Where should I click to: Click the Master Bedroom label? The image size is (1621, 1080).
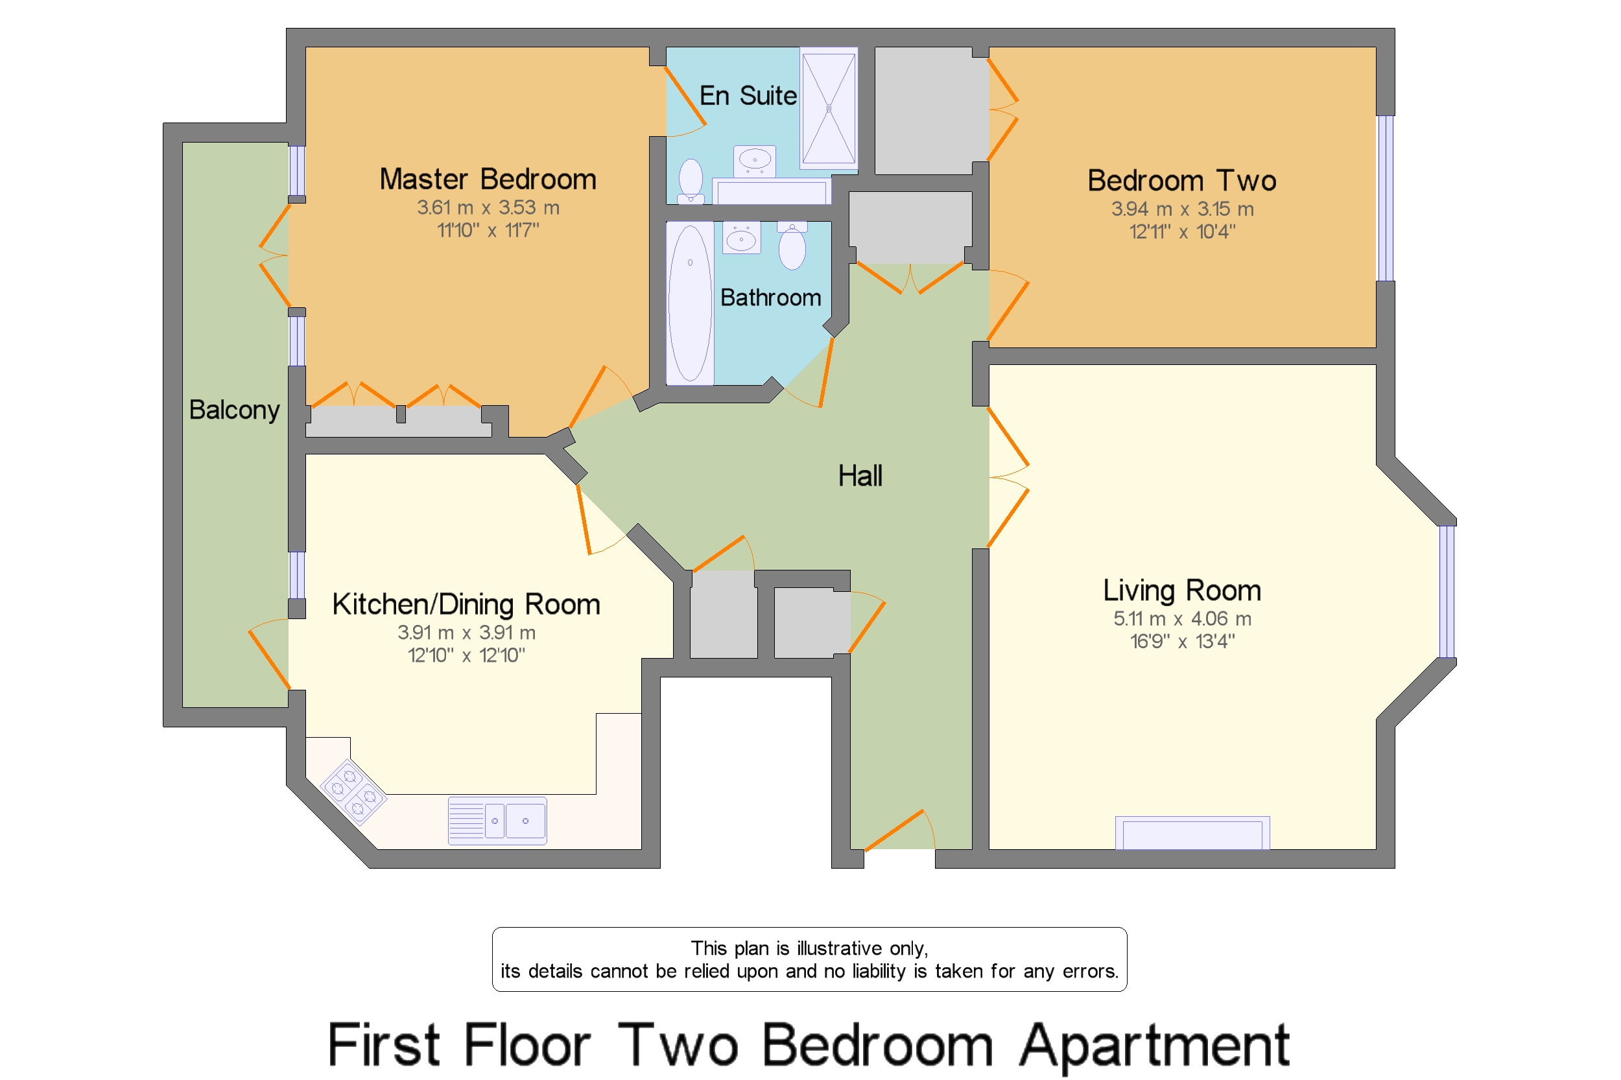pyautogui.click(x=488, y=179)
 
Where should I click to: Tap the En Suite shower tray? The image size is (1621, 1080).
pyautogui.click(x=828, y=108)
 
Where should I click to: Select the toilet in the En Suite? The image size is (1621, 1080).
pyautogui.click(x=691, y=181)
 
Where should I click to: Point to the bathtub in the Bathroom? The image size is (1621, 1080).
pyautogui.click(x=690, y=303)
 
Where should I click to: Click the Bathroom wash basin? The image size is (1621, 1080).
pyautogui.click(x=741, y=238)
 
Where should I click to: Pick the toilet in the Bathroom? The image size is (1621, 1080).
pyautogui.click(x=792, y=246)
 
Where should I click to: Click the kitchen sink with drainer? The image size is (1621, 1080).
pyautogui.click(x=497, y=820)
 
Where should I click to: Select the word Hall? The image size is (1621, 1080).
pyautogui.click(x=860, y=475)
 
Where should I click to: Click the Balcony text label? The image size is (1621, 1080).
pyautogui.click(x=234, y=410)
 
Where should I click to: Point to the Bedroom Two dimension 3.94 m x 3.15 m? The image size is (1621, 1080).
pyautogui.click(x=1181, y=209)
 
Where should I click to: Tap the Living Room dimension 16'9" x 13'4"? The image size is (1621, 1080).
pyautogui.click(x=1181, y=641)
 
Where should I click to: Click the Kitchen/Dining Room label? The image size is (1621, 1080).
pyautogui.click(x=466, y=604)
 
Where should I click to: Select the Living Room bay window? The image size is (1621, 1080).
pyautogui.click(x=1447, y=592)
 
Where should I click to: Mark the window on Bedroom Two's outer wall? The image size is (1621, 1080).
pyautogui.click(x=1385, y=198)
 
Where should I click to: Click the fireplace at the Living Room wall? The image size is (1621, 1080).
pyautogui.click(x=1192, y=833)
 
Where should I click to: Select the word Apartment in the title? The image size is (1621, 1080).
pyautogui.click(x=1154, y=1046)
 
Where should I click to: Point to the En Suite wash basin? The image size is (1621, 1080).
pyautogui.click(x=754, y=161)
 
